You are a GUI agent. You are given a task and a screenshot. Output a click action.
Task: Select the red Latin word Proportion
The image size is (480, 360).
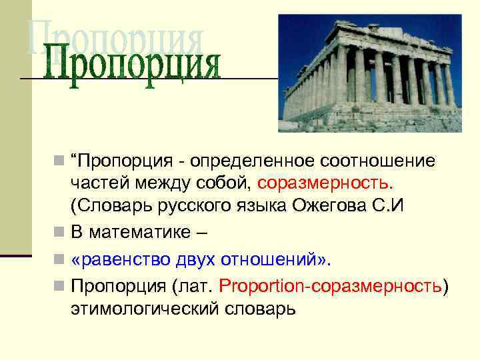tap(259, 285)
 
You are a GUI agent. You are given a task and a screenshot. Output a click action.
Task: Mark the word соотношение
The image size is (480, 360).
tap(379, 161)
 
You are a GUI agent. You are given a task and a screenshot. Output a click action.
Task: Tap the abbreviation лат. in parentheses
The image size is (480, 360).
tap(197, 285)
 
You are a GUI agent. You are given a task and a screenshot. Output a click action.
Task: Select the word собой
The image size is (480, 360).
tap(226, 182)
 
